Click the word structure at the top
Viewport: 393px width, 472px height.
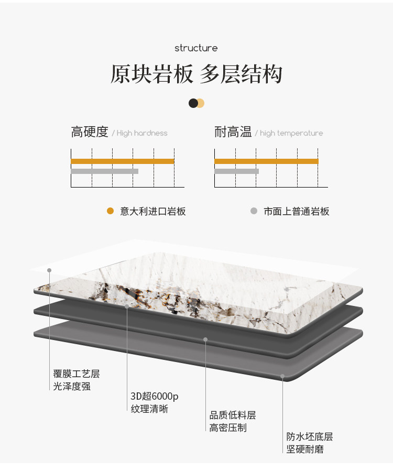click(x=196, y=48)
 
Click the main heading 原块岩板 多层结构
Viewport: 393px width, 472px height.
click(x=196, y=74)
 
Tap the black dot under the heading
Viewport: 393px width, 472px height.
click(x=193, y=103)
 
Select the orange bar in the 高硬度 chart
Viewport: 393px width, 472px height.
click(x=122, y=161)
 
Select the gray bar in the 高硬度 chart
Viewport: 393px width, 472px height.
click(x=104, y=171)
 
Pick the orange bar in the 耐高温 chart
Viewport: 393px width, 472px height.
click(x=266, y=161)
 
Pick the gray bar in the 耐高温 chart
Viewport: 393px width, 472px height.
click(x=236, y=171)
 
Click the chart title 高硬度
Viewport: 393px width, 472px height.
click(x=90, y=132)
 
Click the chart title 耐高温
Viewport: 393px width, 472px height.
click(x=233, y=132)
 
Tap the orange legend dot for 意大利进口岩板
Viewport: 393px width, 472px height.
click(x=110, y=211)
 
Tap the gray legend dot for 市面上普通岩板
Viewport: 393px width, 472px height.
click(x=254, y=211)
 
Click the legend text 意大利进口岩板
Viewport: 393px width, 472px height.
click(x=153, y=212)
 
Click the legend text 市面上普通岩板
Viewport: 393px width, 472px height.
click(x=297, y=212)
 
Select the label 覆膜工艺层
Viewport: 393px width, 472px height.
click(x=77, y=374)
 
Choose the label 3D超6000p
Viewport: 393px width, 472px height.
click(x=155, y=397)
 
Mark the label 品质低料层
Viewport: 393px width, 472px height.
click(x=233, y=415)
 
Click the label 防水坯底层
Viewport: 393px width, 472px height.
click(x=310, y=437)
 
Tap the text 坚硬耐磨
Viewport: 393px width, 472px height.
click(x=305, y=449)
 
